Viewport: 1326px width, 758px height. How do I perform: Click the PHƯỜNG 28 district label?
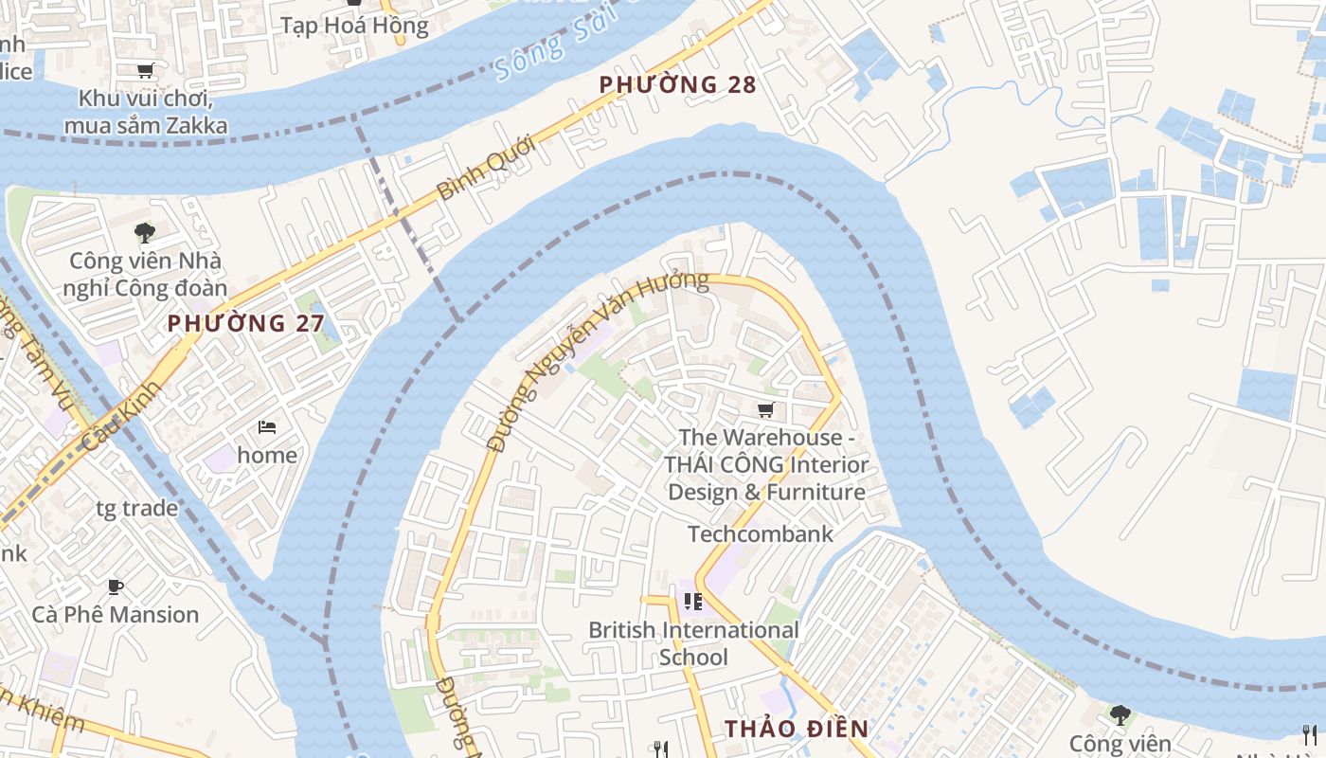tap(677, 85)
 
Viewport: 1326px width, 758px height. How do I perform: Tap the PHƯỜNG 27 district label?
tap(246, 323)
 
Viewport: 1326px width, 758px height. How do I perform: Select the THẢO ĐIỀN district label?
tap(797, 729)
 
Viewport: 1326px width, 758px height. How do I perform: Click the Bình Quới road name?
tap(486, 169)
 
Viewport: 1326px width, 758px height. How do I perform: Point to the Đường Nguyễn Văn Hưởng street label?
tap(596, 360)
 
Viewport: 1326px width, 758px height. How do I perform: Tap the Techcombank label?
tap(761, 533)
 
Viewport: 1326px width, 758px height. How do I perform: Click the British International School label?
tap(693, 643)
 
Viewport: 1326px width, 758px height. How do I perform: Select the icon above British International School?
tap(692, 601)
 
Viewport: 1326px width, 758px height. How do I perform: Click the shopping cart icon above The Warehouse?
tap(765, 409)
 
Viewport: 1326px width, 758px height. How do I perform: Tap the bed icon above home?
tap(267, 427)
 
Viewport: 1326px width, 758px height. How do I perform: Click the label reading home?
tap(267, 455)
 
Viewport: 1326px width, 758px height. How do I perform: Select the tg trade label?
tap(136, 508)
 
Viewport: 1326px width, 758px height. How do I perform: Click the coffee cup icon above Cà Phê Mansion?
tap(116, 587)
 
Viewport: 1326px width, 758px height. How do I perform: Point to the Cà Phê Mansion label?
tap(116, 614)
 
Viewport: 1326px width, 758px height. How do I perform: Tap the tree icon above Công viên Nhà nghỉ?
tap(144, 232)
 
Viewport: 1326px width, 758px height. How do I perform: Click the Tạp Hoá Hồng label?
tap(354, 26)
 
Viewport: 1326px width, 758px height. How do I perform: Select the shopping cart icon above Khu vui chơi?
tap(145, 70)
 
